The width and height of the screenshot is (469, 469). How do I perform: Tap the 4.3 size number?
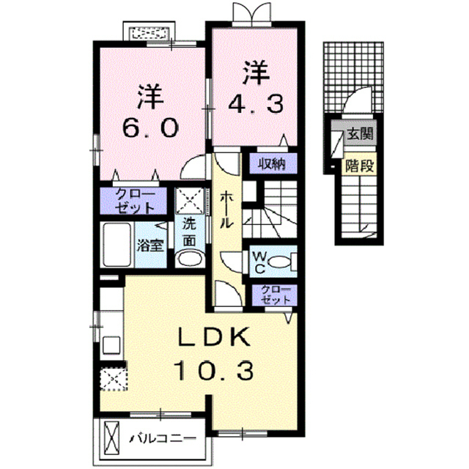click(256, 103)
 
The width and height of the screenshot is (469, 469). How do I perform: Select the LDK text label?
click(214, 336)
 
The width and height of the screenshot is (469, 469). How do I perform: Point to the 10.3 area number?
click(213, 370)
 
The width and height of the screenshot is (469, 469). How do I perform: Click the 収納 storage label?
click(272, 164)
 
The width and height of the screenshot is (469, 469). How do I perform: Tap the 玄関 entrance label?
click(360, 134)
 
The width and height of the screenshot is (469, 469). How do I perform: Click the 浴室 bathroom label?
click(150, 245)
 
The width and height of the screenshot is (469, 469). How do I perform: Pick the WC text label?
click(259, 262)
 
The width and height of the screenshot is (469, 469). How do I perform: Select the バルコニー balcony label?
click(163, 439)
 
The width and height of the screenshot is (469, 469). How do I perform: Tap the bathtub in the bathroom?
click(117, 245)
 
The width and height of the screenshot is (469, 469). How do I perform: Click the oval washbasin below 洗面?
click(189, 259)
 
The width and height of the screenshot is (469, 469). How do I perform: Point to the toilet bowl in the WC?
click(280, 262)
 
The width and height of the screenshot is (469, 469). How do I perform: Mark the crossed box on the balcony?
click(111, 438)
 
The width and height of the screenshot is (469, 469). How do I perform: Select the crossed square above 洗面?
click(191, 201)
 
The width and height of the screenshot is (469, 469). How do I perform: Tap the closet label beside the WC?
click(276, 295)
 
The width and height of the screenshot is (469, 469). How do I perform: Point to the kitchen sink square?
click(111, 345)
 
